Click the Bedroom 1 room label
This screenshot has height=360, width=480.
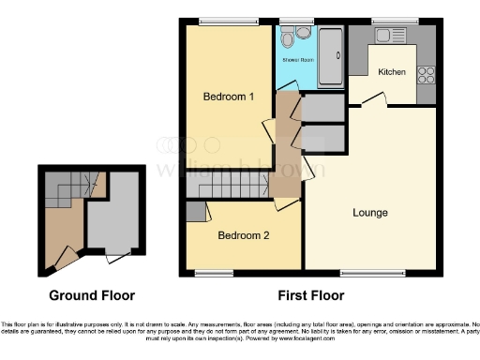(x=230, y=97)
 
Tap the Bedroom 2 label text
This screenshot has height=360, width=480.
(x=245, y=235)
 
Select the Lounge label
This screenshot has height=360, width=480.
(x=370, y=213)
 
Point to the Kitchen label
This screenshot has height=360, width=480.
(x=393, y=72)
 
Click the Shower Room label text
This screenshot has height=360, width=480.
(x=298, y=61)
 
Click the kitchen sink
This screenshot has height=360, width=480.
(x=386, y=36)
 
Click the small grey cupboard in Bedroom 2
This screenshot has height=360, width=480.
(x=196, y=212)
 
